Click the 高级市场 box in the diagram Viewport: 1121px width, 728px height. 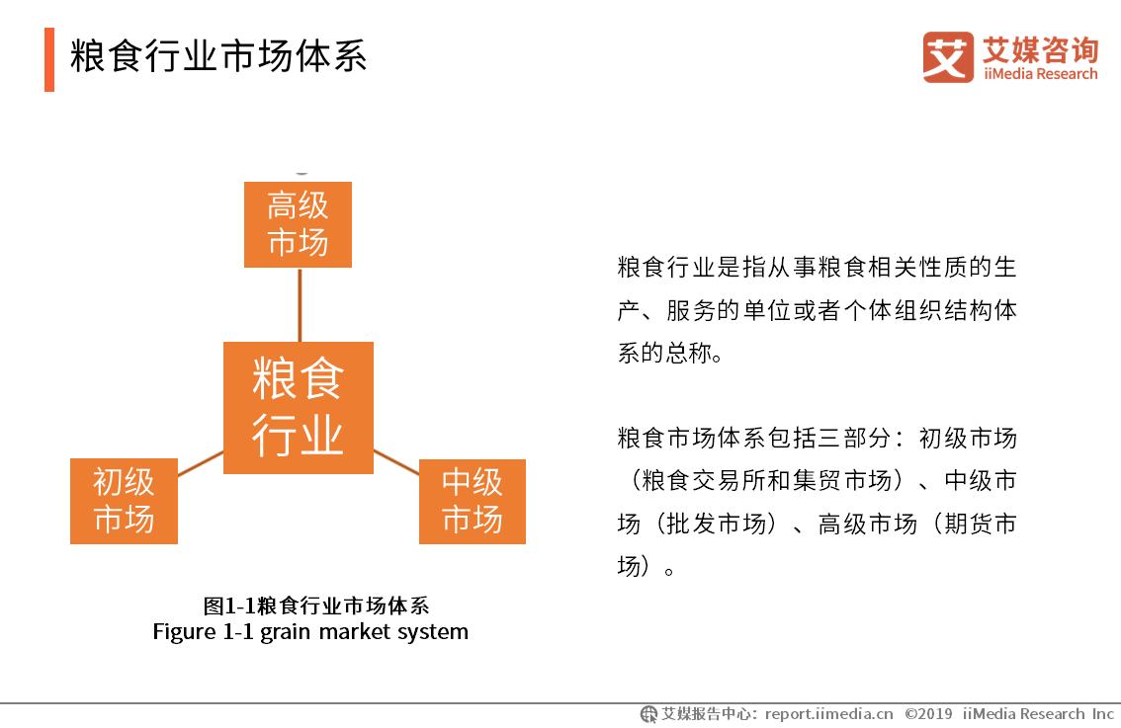298,224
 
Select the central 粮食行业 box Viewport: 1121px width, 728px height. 298,407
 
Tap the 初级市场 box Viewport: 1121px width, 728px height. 124,501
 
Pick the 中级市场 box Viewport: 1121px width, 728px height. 472,501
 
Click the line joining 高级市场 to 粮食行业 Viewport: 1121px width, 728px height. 299,304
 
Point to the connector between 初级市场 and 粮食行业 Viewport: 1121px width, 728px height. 201,462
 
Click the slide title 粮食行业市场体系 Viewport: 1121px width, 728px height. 218,56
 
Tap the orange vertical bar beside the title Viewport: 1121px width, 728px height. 49,59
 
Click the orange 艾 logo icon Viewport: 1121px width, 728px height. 947,57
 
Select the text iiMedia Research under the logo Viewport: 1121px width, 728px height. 1040,74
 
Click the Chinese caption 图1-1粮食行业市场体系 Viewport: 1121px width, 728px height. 315,606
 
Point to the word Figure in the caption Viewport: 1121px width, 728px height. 183,631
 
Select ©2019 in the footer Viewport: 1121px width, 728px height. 928,713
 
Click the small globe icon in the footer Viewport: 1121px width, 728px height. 648,713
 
